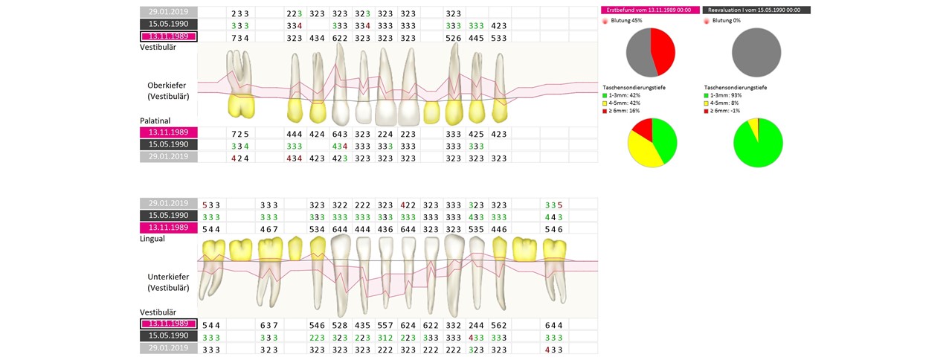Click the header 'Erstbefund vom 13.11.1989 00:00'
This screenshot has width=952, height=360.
pyautogui.click(x=648, y=10)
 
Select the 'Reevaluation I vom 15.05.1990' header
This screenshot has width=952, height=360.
pyautogui.click(x=756, y=10)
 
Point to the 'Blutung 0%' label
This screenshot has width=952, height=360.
pyautogui.click(x=726, y=21)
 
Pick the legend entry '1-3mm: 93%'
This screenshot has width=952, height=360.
pyautogui.click(x=728, y=95)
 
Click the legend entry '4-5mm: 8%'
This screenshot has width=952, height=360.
pyautogui.click(x=727, y=103)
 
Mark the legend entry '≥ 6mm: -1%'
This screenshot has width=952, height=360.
pyautogui.click(x=728, y=109)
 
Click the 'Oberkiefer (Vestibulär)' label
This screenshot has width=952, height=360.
pyautogui.click(x=168, y=90)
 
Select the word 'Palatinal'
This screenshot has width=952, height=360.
pyautogui.click(x=155, y=120)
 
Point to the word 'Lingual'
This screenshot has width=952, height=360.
pyautogui.click(x=152, y=239)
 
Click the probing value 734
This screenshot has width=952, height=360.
pyautogui.click(x=239, y=37)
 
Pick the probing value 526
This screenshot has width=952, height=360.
pyautogui.click(x=454, y=37)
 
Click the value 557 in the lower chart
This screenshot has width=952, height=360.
pyautogui.click(x=385, y=325)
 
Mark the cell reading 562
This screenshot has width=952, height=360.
pyautogui.click(x=499, y=325)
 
